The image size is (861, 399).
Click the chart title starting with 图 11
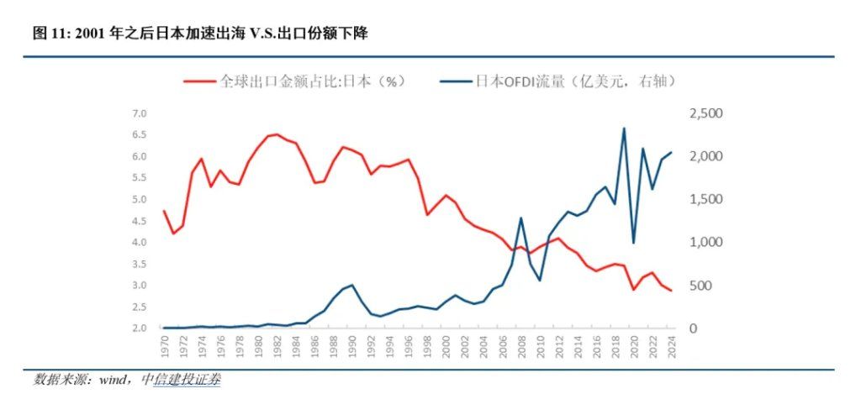pos(200,34)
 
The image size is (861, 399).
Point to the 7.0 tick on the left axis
pos(139,113)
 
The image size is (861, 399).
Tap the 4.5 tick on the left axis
pos(139,221)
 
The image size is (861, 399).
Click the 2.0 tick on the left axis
pos(139,328)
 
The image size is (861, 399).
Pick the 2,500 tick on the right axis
pos(705,113)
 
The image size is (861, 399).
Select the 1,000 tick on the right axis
pos(705,243)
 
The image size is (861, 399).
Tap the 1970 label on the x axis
pos(164,346)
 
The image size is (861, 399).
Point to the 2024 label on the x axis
pos(671,346)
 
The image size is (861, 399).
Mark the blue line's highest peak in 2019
pos(624,129)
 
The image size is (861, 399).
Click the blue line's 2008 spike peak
pos(520,218)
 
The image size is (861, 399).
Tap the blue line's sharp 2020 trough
pos(633,243)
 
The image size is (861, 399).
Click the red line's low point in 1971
pos(173,234)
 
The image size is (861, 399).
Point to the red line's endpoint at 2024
pos(671,291)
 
